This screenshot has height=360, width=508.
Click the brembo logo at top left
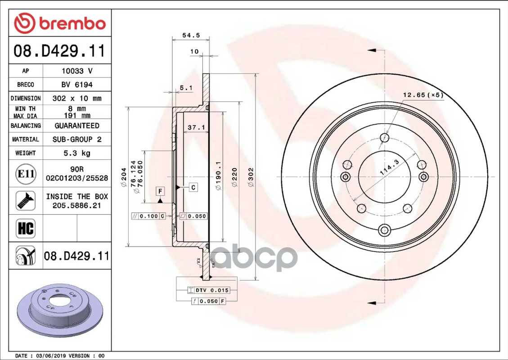(x=60, y=23)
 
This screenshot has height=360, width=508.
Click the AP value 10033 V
(x=77, y=71)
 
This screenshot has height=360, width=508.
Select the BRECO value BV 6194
(x=77, y=85)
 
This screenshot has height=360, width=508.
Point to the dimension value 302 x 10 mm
(x=77, y=98)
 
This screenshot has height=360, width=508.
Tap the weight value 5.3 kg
(x=77, y=153)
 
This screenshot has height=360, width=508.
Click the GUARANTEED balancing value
(x=77, y=126)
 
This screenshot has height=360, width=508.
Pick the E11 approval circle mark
(x=26, y=174)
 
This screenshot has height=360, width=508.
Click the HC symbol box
(x=26, y=228)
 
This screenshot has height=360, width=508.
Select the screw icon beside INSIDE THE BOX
(x=26, y=201)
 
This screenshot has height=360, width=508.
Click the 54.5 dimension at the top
(x=191, y=35)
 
